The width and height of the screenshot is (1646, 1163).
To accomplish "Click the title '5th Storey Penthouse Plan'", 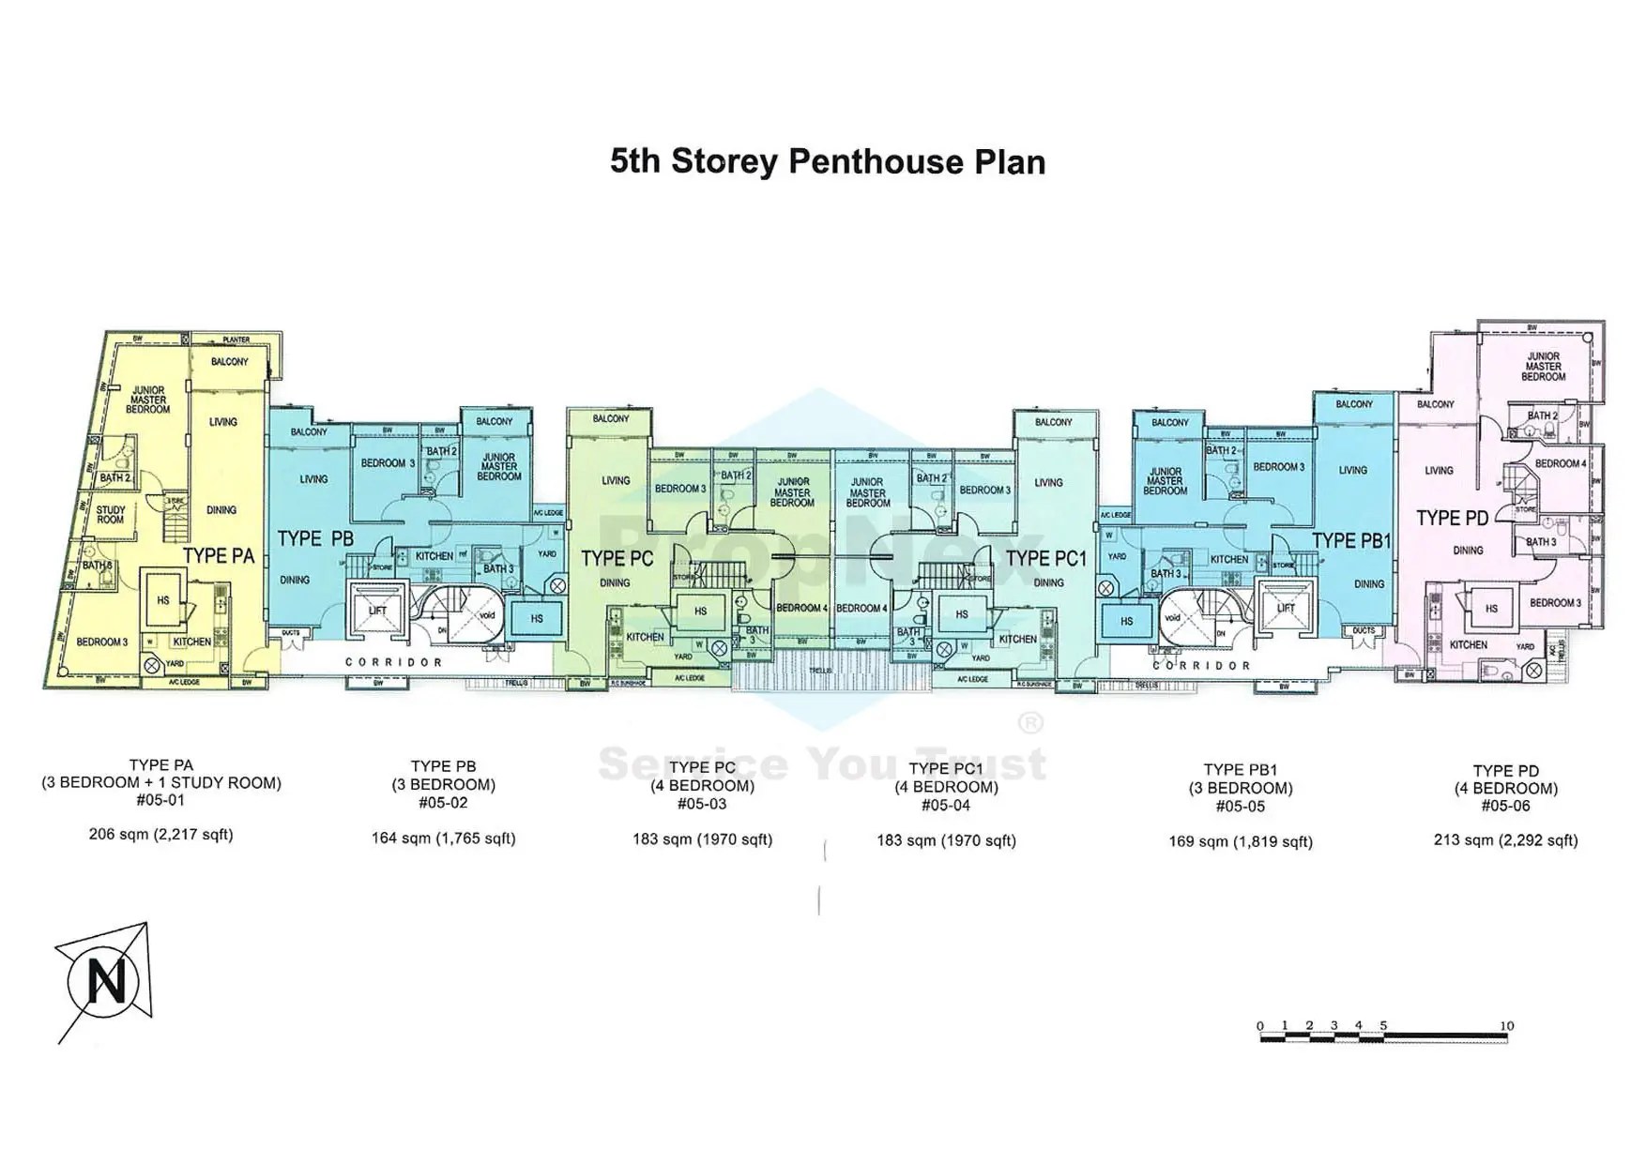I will (827, 161).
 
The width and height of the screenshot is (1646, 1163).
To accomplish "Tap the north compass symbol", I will (104, 982).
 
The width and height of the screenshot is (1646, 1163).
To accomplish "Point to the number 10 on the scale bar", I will (1506, 1025).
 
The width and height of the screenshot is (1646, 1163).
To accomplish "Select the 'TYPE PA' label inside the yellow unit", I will (219, 555).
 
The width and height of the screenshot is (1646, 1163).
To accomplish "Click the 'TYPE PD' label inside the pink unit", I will (1452, 518).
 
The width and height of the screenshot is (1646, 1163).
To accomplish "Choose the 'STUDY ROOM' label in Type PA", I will (111, 515).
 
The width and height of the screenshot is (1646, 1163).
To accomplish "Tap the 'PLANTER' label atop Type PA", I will (236, 340).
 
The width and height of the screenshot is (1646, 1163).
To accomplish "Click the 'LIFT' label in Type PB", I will (377, 611).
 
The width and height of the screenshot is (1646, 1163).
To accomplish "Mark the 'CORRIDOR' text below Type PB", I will (393, 662).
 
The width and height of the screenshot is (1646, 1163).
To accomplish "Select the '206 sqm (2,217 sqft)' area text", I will (160, 834).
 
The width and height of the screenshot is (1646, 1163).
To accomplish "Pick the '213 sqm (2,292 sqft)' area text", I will (1505, 839).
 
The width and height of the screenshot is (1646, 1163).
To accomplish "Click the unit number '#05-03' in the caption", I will (702, 804).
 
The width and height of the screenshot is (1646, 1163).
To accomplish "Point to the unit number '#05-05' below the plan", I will (1240, 806).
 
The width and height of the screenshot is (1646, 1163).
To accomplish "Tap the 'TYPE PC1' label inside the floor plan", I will (1045, 559).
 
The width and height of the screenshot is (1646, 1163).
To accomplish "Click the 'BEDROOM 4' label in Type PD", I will (1560, 463).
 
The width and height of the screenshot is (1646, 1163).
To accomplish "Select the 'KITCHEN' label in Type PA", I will (192, 642).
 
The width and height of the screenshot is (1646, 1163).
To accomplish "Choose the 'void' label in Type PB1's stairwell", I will (1172, 618).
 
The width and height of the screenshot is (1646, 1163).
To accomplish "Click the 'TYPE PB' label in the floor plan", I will (315, 538).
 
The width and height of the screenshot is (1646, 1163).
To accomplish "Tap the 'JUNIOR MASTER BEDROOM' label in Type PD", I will (1543, 366).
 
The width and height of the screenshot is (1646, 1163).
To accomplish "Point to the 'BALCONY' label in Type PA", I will (229, 361).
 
